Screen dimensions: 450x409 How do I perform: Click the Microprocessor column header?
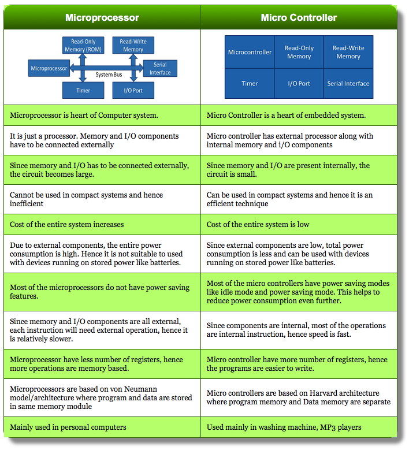(x=102, y=17)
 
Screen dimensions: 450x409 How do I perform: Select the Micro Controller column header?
(x=299, y=17)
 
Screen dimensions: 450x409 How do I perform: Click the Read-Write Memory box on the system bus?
(x=133, y=46)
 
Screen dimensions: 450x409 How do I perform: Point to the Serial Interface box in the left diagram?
(x=160, y=69)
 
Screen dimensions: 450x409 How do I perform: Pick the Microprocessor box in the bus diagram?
(x=49, y=69)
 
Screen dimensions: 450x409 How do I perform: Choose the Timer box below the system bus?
(x=83, y=91)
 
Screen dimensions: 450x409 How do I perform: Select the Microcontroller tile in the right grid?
(x=250, y=52)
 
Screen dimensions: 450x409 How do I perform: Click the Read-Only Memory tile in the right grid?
(x=299, y=52)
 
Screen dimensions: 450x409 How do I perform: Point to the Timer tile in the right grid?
(x=250, y=83)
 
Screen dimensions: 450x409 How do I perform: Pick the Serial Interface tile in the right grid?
(x=348, y=83)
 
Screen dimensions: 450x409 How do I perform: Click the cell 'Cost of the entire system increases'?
(x=102, y=224)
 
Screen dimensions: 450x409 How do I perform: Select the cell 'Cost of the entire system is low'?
(x=299, y=224)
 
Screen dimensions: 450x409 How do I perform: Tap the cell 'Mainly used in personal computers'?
(x=102, y=427)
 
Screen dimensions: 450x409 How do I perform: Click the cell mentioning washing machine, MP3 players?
(x=299, y=427)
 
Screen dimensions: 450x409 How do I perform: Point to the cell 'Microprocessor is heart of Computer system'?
(x=102, y=115)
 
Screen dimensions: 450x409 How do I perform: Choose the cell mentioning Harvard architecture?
(x=299, y=397)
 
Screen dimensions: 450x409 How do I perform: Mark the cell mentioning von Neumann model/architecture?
(x=102, y=397)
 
